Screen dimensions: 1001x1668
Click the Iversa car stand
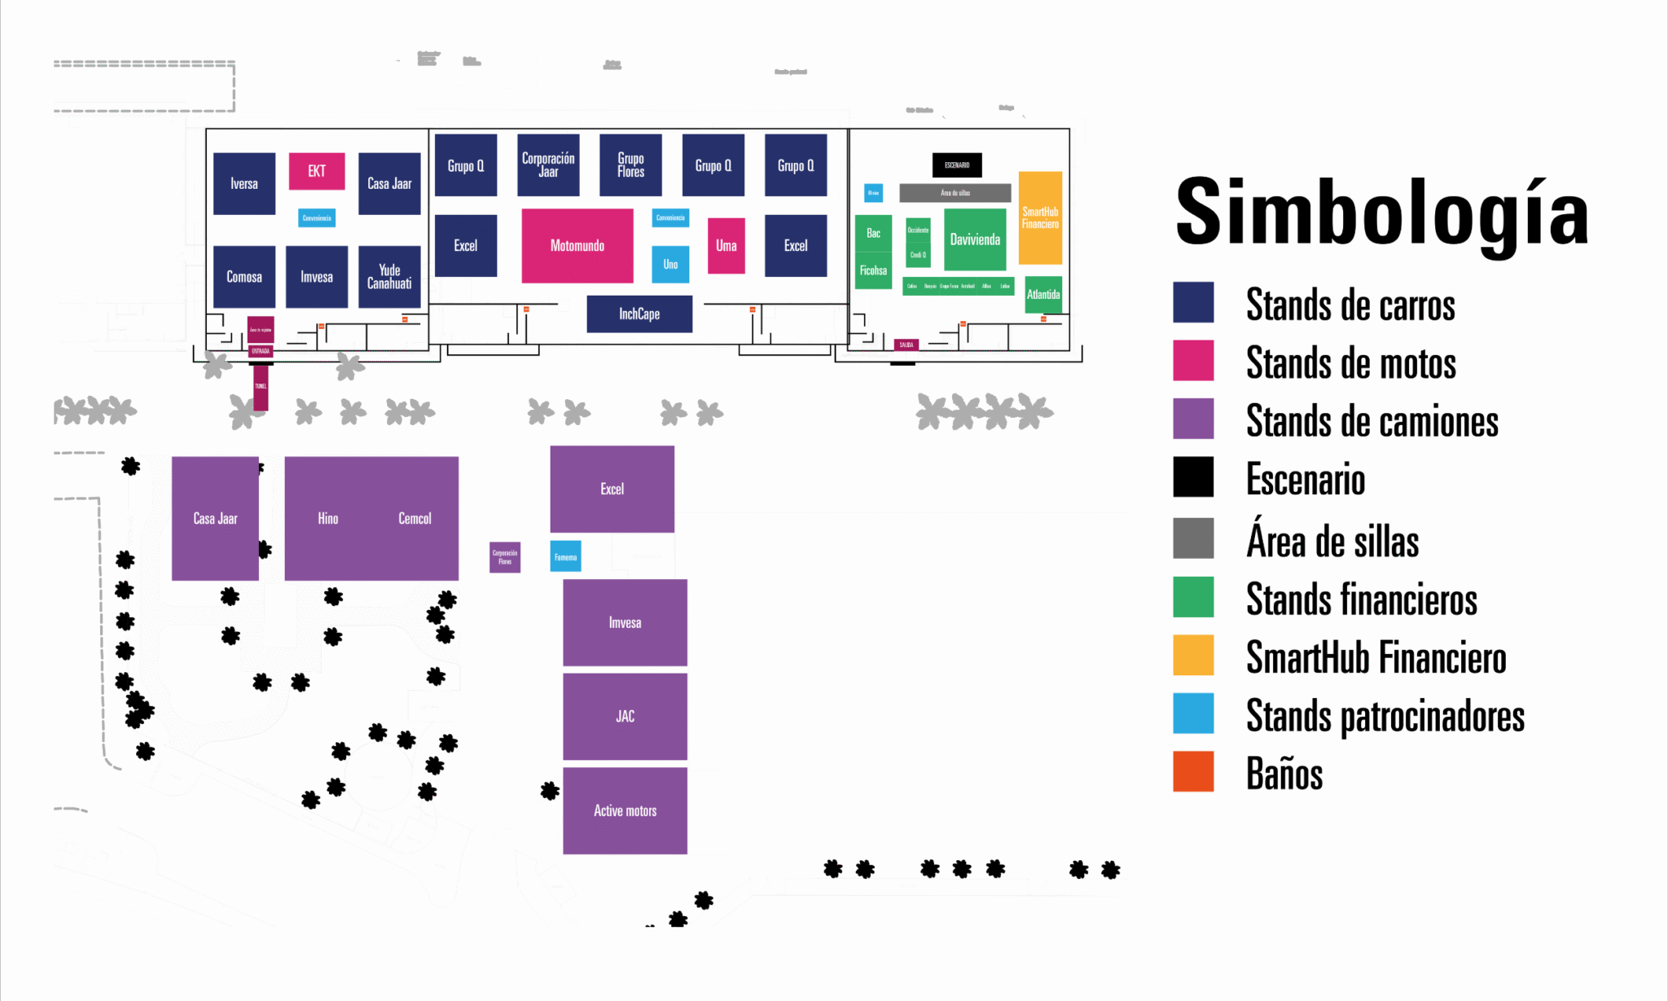pyautogui.click(x=244, y=184)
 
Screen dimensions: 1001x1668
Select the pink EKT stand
pyautogui.click(x=317, y=171)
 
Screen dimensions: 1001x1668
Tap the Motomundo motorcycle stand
pyautogui.click(x=577, y=246)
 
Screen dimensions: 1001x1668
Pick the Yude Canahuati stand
pyautogui.click(x=389, y=277)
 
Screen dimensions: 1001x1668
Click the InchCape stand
pyautogui.click(x=639, y=314)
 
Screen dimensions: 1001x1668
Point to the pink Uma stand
pyautogui.click(x=726, y=246)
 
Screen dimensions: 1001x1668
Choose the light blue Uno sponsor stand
pyautogui.click(x=670, y=265)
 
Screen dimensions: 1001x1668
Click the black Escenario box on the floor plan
pyautogui.click(x=957, y=165)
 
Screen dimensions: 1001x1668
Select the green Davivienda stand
pyautogui.click(x=975, y=239)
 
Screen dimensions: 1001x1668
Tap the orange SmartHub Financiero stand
pyautogui.click(x=1040, y=217)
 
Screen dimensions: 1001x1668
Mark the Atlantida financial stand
pyautogui.click(x=1043, y=295)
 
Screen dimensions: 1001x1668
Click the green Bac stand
pyautogui.click(x=873, y=234)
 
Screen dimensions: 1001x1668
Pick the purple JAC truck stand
pyautogui.click(x=625, y=717)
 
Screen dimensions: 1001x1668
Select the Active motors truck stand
pyautogui.click(x=625, y=810)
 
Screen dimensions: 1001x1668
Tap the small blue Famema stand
pyautogui.click(x=565, y=557)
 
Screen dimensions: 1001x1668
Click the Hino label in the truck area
pyautogui.click(x=328, y=519)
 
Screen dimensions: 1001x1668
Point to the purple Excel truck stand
pyautogui.click(x=612, y=489)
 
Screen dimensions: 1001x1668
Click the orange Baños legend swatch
pyautogui.click(x=1193, y=771)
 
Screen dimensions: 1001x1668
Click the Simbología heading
pyautogui.click(x=1381, y=213)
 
